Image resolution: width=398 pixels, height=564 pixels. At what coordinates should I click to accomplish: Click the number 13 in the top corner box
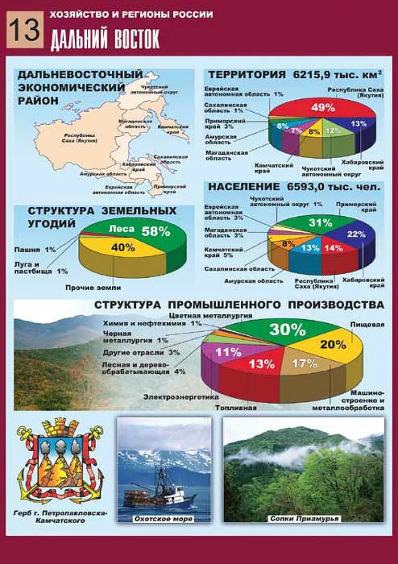[x=25, y=30]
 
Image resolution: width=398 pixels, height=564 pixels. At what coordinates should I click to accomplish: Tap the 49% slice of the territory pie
[x=323, y=108]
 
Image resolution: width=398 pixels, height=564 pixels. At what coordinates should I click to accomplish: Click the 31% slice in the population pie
[x=320, y=223]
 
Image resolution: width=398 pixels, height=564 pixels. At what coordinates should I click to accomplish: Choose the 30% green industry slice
[x=287, y=330]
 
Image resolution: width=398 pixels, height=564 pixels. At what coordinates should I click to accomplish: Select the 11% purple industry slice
[x=228, y=352]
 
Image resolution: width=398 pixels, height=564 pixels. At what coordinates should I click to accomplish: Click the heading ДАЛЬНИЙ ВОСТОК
[x=105, y=40]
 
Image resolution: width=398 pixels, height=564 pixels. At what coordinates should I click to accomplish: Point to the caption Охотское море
[x=163, y=519]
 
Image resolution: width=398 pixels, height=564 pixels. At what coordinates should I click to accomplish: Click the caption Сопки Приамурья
[x=305, y=519]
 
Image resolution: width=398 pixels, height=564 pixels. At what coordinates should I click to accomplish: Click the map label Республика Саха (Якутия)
[x=76, y=138]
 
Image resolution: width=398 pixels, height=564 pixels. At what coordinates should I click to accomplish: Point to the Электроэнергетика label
[x=181, y=397]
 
